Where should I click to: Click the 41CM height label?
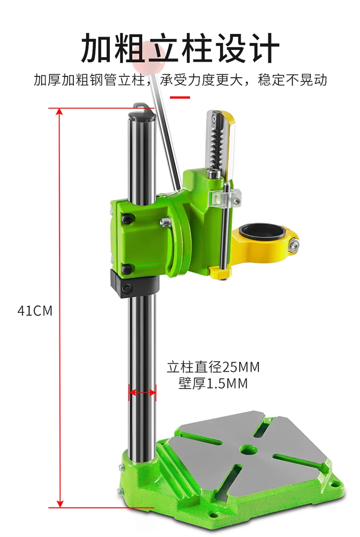pyautogui.click(x=35, y=311)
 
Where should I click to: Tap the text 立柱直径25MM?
pyautogui.click(x=213, y=367)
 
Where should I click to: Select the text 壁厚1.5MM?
pyautogui.click(x=213, y=383)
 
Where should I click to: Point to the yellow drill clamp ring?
pyautogui.click(x=264, y=244)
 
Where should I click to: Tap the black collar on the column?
pyautogui.click(x=134, y=283)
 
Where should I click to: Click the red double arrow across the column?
pyautogui.click(x=142, y=392)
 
